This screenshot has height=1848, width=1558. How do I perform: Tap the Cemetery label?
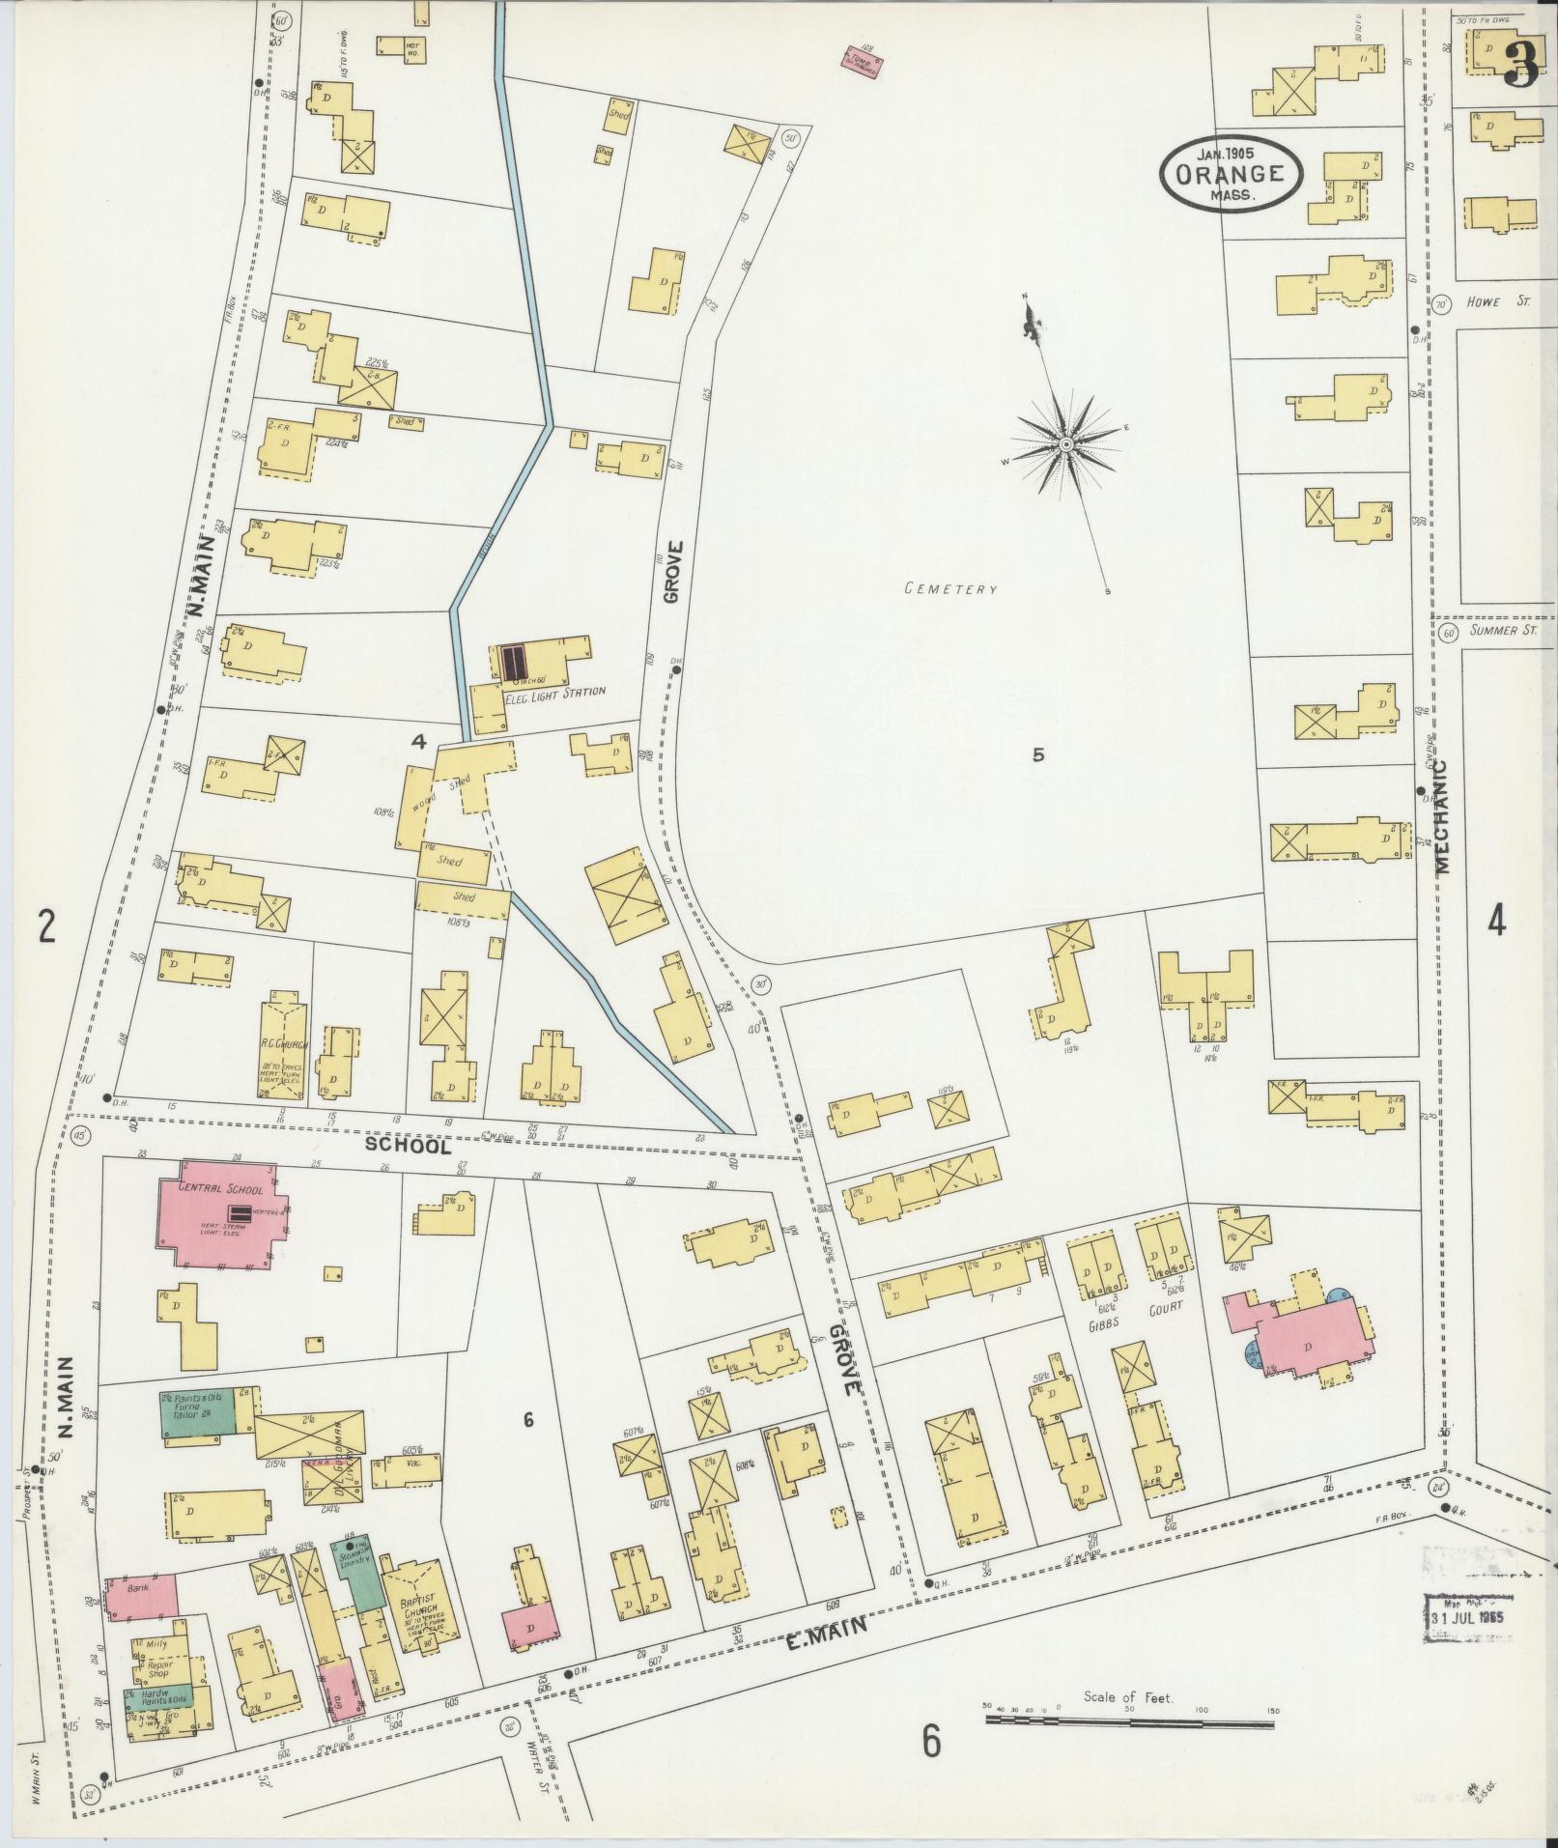tap(949, 588)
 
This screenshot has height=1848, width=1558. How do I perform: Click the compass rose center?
tap(1065, 443)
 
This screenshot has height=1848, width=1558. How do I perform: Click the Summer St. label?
tap(1504, 631)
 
